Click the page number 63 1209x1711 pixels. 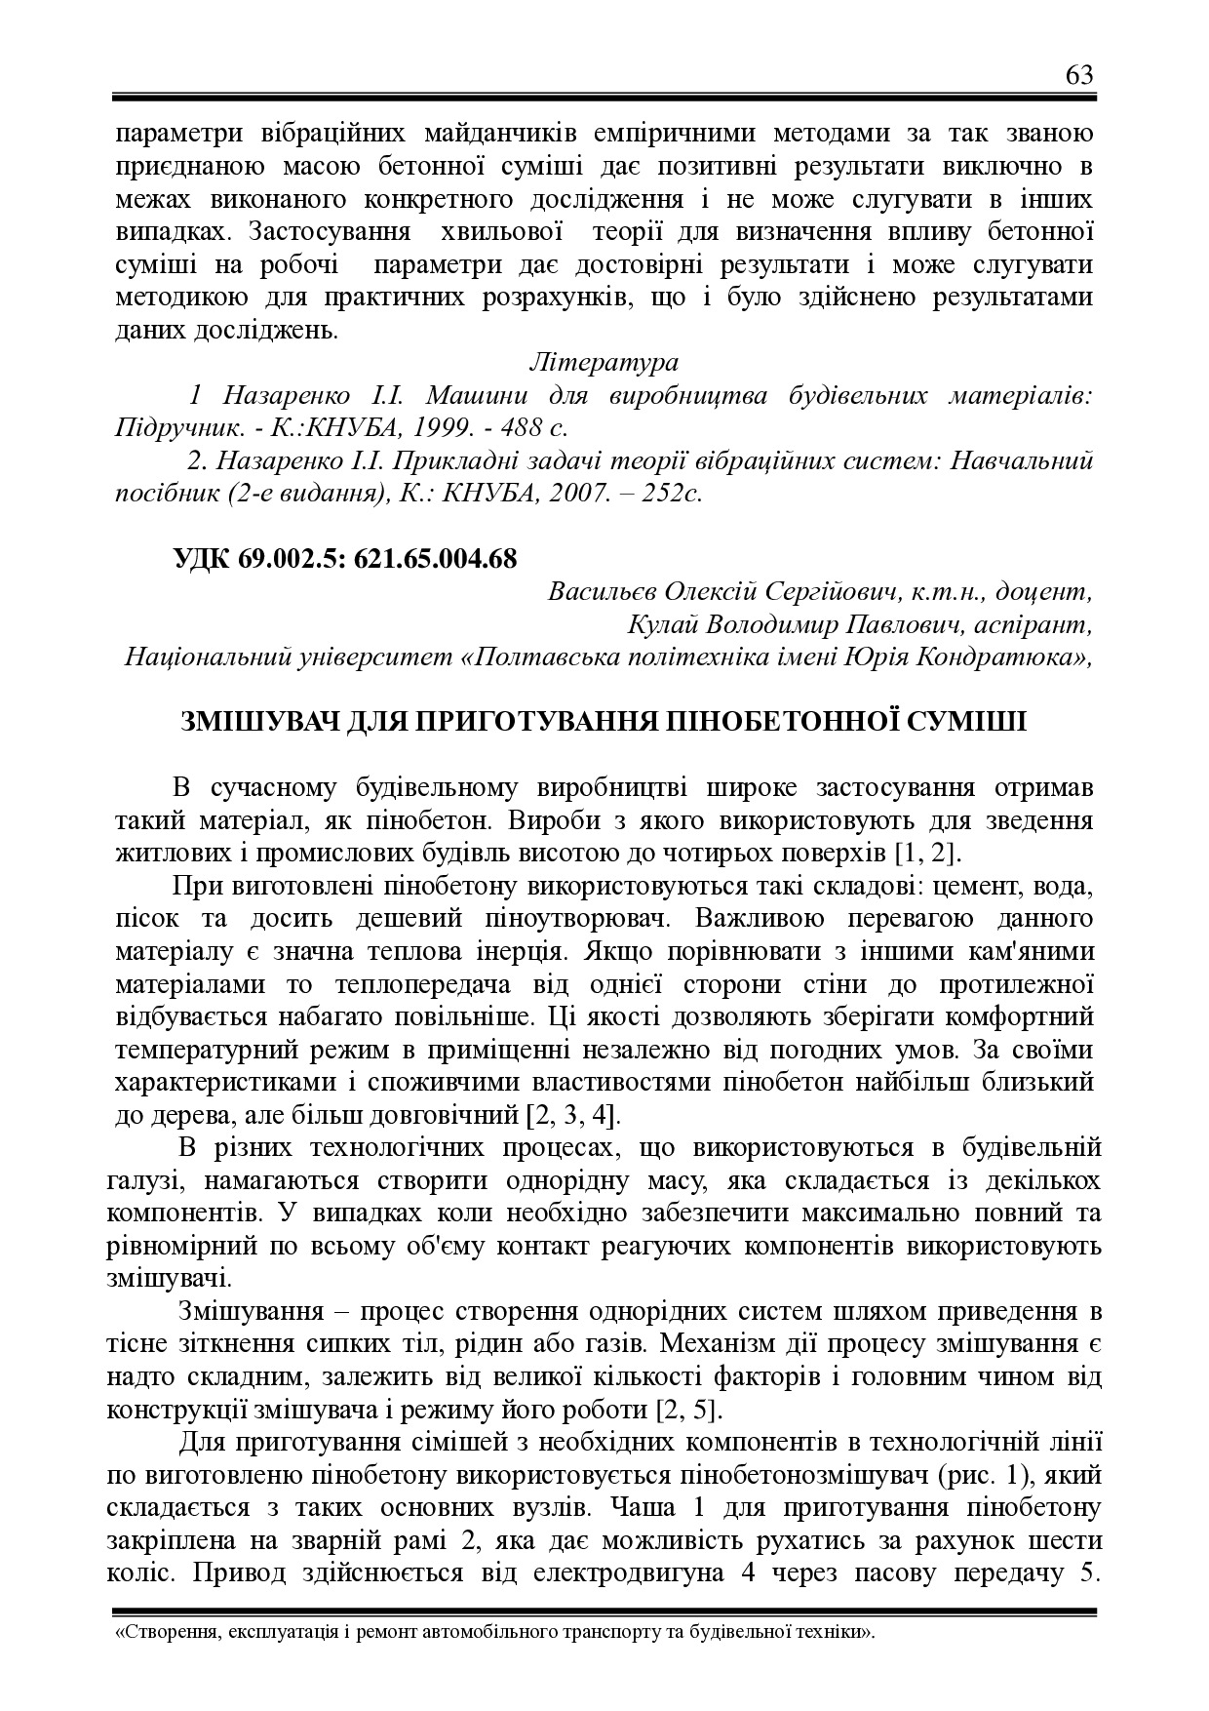click(1079, 75)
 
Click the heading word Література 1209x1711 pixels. click(604, 362)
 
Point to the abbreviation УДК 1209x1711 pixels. click(203, 558)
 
